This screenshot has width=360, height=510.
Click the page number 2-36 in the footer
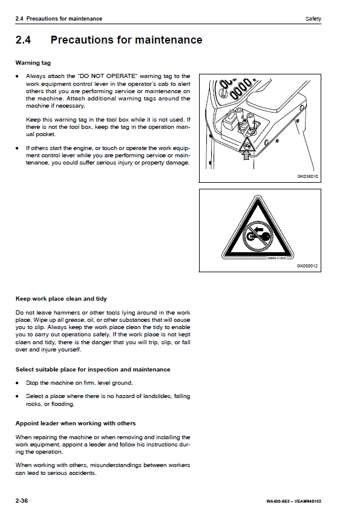[22, 500]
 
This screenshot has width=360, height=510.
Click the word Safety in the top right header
[313, 19]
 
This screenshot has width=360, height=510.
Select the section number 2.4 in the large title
[23, 40]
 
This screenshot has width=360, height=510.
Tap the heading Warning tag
[33, 63]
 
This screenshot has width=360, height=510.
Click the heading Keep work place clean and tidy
[61, 299]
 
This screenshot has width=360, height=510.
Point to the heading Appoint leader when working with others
[76, 423]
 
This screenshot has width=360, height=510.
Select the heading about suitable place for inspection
[93, 370]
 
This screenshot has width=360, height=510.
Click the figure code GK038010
[307, 177]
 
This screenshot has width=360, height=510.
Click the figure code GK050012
[307, 266]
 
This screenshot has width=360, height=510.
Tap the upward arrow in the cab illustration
[246, 155]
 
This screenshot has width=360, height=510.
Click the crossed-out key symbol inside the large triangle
[258, 235]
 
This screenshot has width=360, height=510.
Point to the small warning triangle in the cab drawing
[246, 145]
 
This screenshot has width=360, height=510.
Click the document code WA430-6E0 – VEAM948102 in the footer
[294, 501]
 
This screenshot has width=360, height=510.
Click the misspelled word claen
[23, 342]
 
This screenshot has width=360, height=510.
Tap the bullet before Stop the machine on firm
[17, 383]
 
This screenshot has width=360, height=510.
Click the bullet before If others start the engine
[17, 148]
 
